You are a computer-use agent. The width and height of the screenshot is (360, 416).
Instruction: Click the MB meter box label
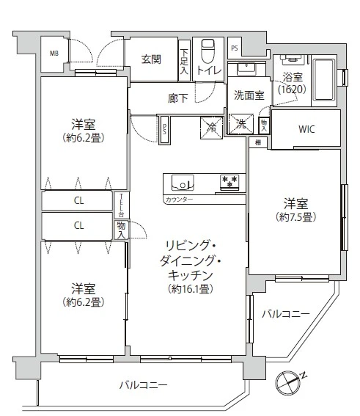pos(54,53)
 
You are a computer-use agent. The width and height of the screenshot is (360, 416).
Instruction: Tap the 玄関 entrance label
pos(152,59)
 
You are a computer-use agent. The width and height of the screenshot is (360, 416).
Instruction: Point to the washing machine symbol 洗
pos(240,125)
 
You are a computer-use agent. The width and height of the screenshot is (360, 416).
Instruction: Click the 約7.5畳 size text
pos(294,217)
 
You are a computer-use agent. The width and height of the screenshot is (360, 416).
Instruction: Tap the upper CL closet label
pos(78,200)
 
